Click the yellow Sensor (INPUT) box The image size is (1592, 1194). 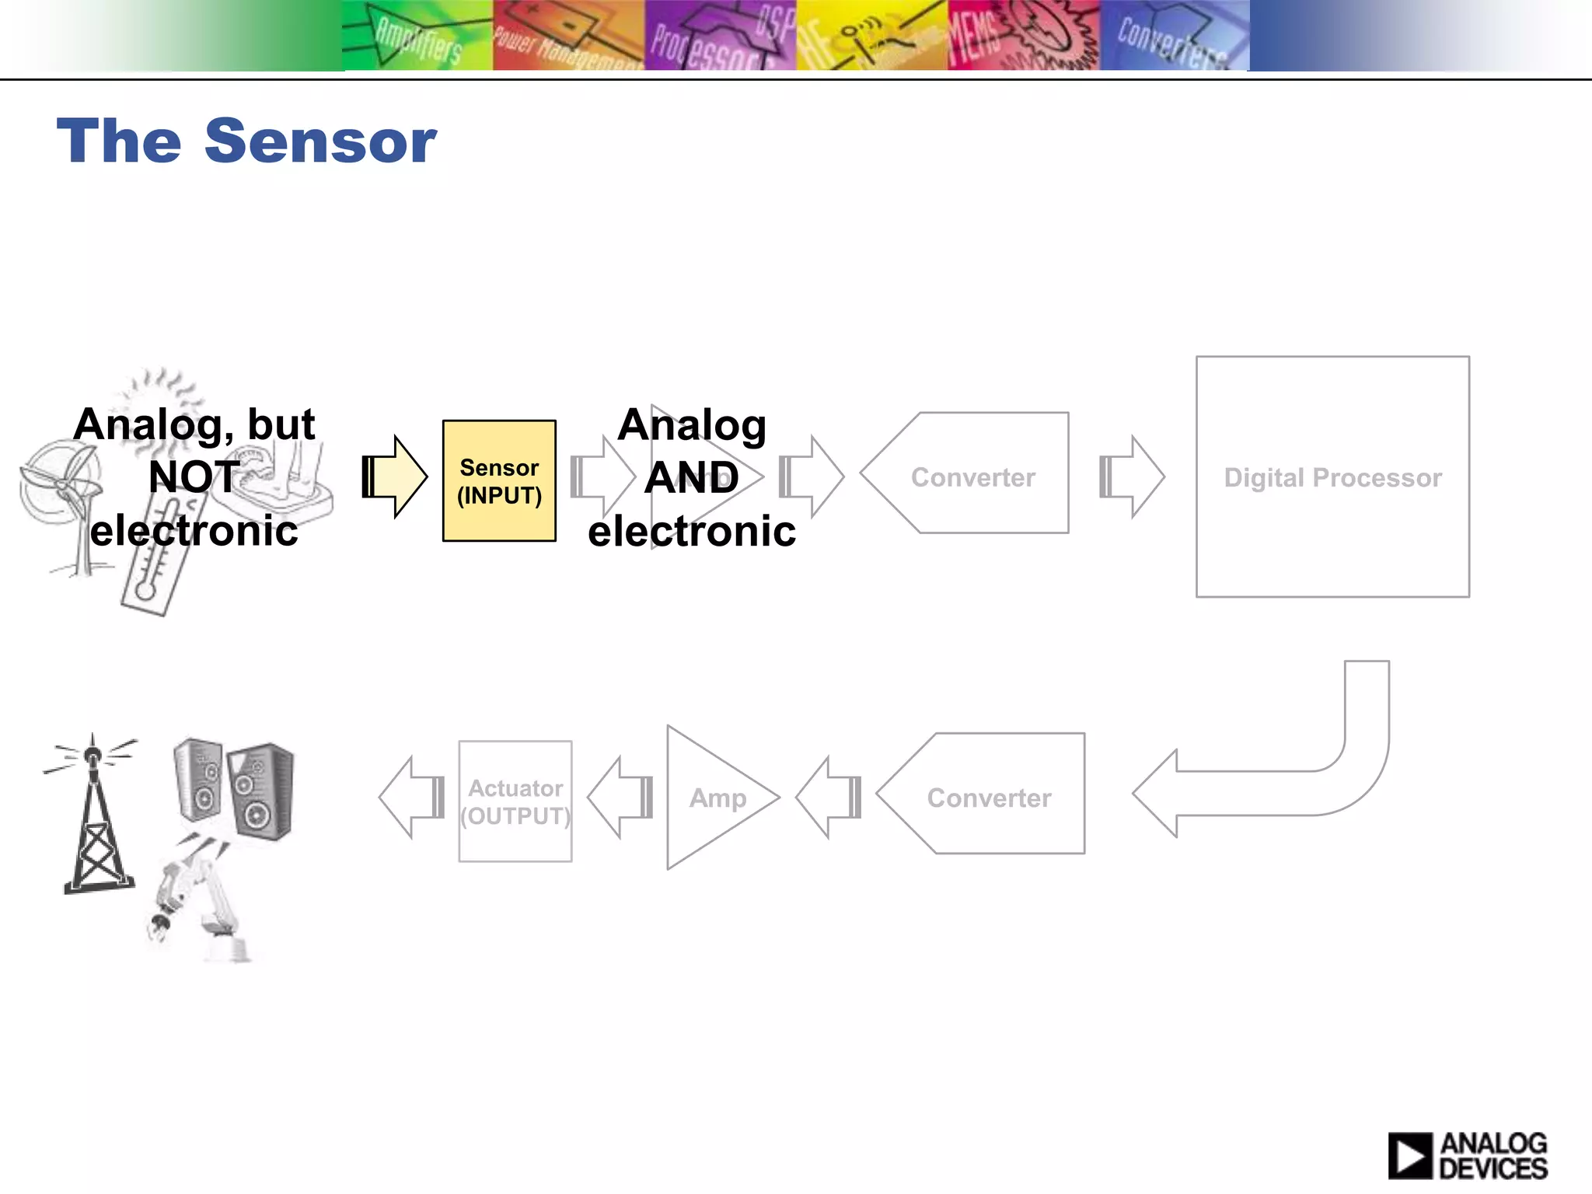tap(499, 480)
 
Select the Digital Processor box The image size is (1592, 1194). tap(1332, 477)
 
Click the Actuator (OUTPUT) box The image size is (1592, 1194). tap(515, 801)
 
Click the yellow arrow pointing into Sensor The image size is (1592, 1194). tap(396, 477)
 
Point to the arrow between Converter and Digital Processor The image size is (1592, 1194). tap(1133, 477)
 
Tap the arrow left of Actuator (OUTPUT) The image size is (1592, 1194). tap(411, 798)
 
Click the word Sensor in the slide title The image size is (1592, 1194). tap(320, 141)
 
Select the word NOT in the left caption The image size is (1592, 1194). tap(194, 477)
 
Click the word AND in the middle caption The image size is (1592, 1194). tap(691, 477)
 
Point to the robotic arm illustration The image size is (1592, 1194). tap(198, 902)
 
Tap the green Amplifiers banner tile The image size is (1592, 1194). tap(417, 36)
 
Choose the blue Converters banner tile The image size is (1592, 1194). tap(1174, 36)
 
